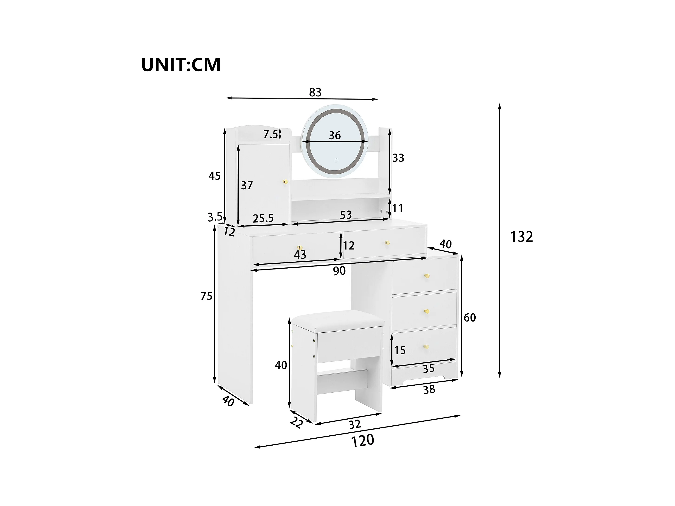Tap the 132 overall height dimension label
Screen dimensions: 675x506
click(521, 237)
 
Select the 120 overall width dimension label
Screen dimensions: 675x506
click(362, 441)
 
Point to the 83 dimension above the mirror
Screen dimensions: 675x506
click(315, 92)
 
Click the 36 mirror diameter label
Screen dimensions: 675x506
click(335, 135)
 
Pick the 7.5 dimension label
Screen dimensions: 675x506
click(271, 134)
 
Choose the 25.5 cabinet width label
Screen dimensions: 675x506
click(263, 219)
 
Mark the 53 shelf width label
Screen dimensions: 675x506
click(346, 215)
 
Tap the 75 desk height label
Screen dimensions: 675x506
click(207, 296)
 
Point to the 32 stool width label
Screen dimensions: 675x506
click(355, 424)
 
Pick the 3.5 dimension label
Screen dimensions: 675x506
click(215, 217)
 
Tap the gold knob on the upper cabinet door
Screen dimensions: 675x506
click(72, 182)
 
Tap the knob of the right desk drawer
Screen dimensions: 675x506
click(387, 243)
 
